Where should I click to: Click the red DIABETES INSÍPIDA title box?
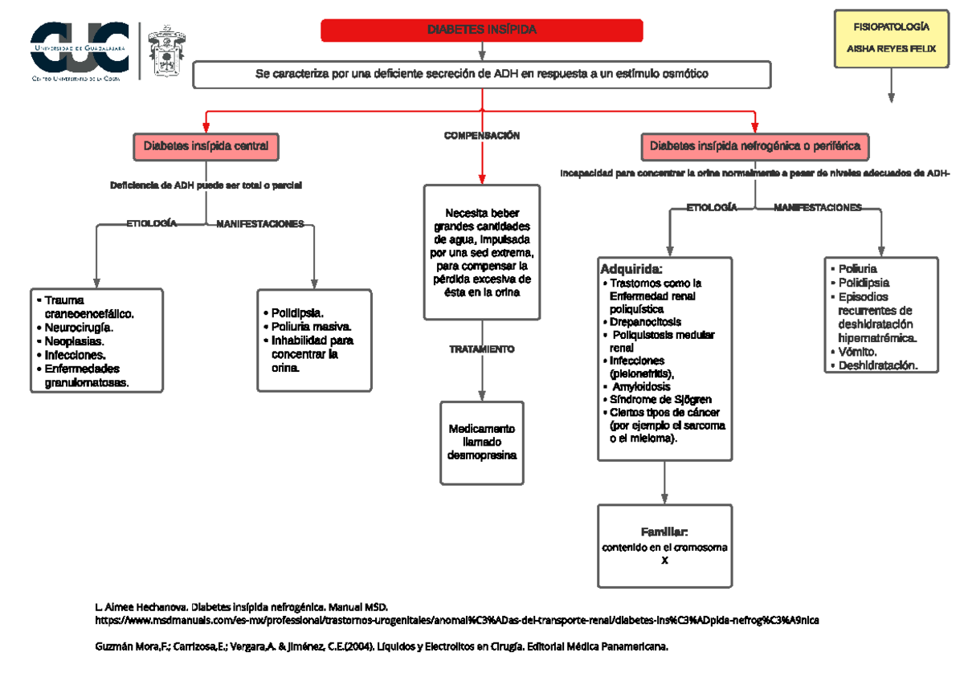click(481, 30)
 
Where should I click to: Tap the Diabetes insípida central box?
click(206, 146)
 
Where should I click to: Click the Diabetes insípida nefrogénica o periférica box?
click(754, 146)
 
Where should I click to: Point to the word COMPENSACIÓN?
click(482, 136)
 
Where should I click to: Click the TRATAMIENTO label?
click(482, 350)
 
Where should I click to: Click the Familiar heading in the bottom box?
click(664, 532)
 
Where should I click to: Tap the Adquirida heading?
click(631, 268)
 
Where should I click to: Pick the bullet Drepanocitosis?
click(645, 321)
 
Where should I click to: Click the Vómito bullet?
click(858, 352)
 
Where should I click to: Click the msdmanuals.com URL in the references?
click(458, 621)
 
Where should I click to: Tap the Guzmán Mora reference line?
click(382, 646)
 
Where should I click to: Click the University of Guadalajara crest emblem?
click(166, 50)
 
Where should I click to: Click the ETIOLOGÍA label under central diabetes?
click(151, 223)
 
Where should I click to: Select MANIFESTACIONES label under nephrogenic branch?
click(817, 207)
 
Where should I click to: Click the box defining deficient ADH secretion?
click(481, 74)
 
